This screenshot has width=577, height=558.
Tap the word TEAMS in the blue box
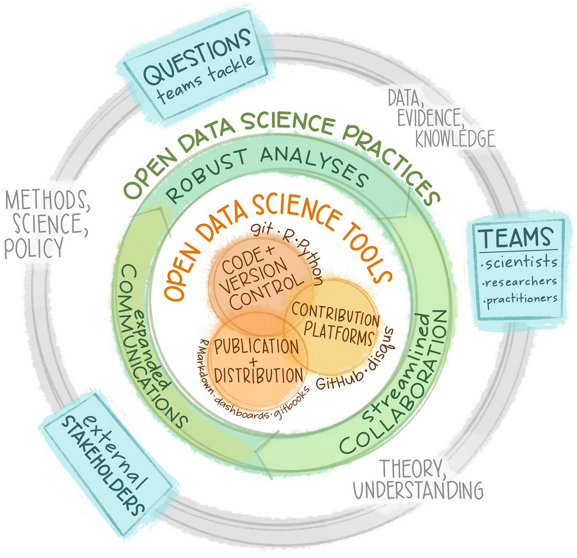pyautogui.click(x=516, y=238)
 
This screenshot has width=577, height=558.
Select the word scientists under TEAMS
pyautogui.click(x=520, y=262)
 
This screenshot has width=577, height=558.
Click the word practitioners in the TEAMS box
pyautogui.click(x=520, y=299)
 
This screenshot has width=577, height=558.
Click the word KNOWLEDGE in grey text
pyautogui.click(x=455, y=138)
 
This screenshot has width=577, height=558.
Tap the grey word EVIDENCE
pyautogui.click(x=430, y=117)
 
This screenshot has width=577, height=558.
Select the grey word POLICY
pyautogui.click(x=34, y=248)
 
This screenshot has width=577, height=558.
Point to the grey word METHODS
pyautogui.click(x=48, y=201)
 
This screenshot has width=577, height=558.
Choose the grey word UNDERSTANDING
pyautogui.click(x=418, y=490)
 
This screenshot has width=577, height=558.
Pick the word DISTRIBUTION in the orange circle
pyautogui.click(x=259, y=374)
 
